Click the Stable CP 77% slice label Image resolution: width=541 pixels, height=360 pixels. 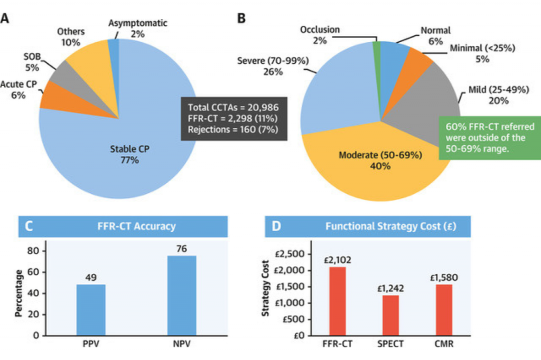tap(130, 154)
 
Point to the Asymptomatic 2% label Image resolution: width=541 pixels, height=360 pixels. tap(138, 28)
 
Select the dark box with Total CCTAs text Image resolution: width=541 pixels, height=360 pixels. tap(234, 119)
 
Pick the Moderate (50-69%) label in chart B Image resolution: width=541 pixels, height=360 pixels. tap(380, 161)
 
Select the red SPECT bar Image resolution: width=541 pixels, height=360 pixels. tap(390, 315)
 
